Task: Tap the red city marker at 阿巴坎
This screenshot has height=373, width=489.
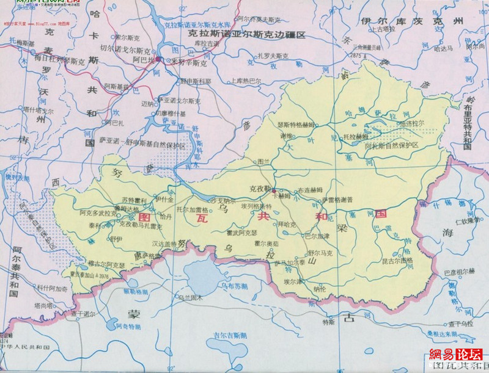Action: pos(158,59)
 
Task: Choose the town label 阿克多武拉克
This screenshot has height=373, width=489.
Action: pos(98,213)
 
